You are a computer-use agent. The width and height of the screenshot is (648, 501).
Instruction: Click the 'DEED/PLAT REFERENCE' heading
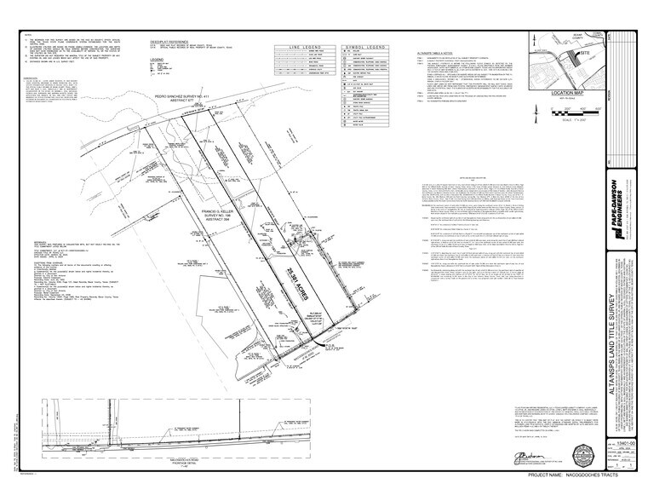pyautogui.click(x=168, y=39)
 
